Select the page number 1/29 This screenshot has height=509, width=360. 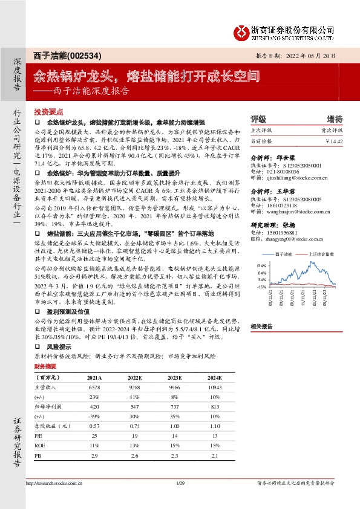[179, 499]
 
